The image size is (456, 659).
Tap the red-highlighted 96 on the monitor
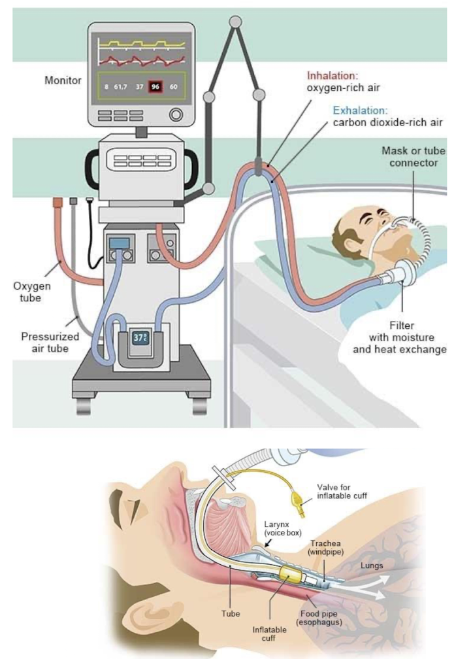click(155, 86)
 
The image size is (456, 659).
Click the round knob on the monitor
click(176, 116)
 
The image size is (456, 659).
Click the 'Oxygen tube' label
click(31, 292)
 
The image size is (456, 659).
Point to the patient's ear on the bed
click(349, 231)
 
